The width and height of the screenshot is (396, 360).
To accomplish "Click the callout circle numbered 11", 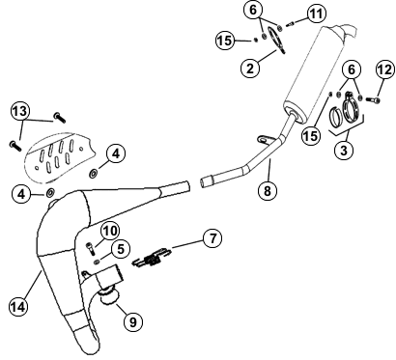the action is pyautogui.click(x=316, y=14).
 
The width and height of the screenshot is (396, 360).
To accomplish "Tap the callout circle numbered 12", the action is pyautogui.click(x=385, y=69).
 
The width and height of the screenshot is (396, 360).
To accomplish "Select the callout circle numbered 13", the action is pyautogui.click(x=20, y=112).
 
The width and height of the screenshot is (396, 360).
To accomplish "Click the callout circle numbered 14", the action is pyautogui.click(x=18, y=307).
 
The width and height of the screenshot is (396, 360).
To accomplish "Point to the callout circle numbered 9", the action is pyautogui.click(x=133, y=321).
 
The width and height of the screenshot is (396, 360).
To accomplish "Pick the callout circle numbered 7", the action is pyautogui.click(x=212, y=238).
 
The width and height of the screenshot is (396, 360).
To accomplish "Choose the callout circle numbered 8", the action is pyautogui.click(x=268, y=191).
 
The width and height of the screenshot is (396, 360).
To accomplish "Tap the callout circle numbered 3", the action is pyautogui.click(x=344, y=150).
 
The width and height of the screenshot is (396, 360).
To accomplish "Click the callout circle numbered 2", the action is pyautogui.click(x=250, y=68).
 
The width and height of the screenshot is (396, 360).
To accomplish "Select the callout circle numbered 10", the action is pyautogui.click(x=110, y=231).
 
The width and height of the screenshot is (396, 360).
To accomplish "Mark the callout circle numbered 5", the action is pyautogui.click(x=121, y=249).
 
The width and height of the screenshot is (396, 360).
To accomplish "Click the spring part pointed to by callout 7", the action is pyautogui.click(x=152, y=258).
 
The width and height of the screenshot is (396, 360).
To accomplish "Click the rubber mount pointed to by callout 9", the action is pyautogui.click(x=110, y=295).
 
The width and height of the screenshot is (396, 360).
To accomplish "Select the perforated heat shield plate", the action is pyautogui.click(x=60, y=156).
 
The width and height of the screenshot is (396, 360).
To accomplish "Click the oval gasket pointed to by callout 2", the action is pyautogui.click(x=277, y=42).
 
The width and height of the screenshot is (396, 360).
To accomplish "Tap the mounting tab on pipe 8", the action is pyautogui.click(x=265, y=139).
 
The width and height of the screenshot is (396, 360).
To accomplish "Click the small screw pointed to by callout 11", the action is pyautogui.click(x=289, y=23).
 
